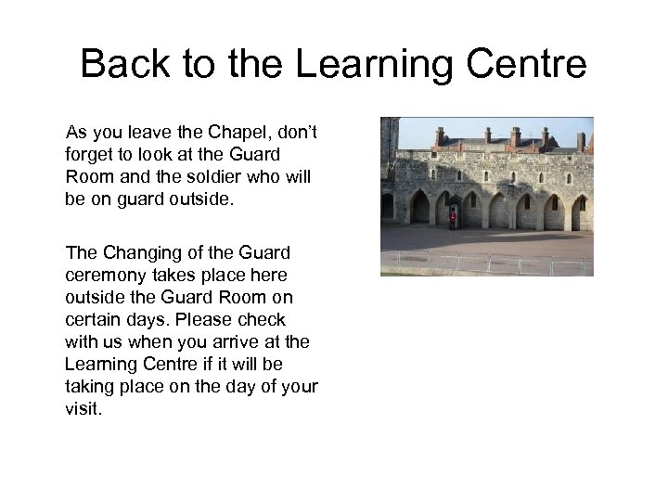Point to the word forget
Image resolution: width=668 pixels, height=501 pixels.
point(89,153)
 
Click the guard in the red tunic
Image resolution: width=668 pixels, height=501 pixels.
point(453,219)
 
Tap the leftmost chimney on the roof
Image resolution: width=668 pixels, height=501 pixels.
point(440,135)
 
